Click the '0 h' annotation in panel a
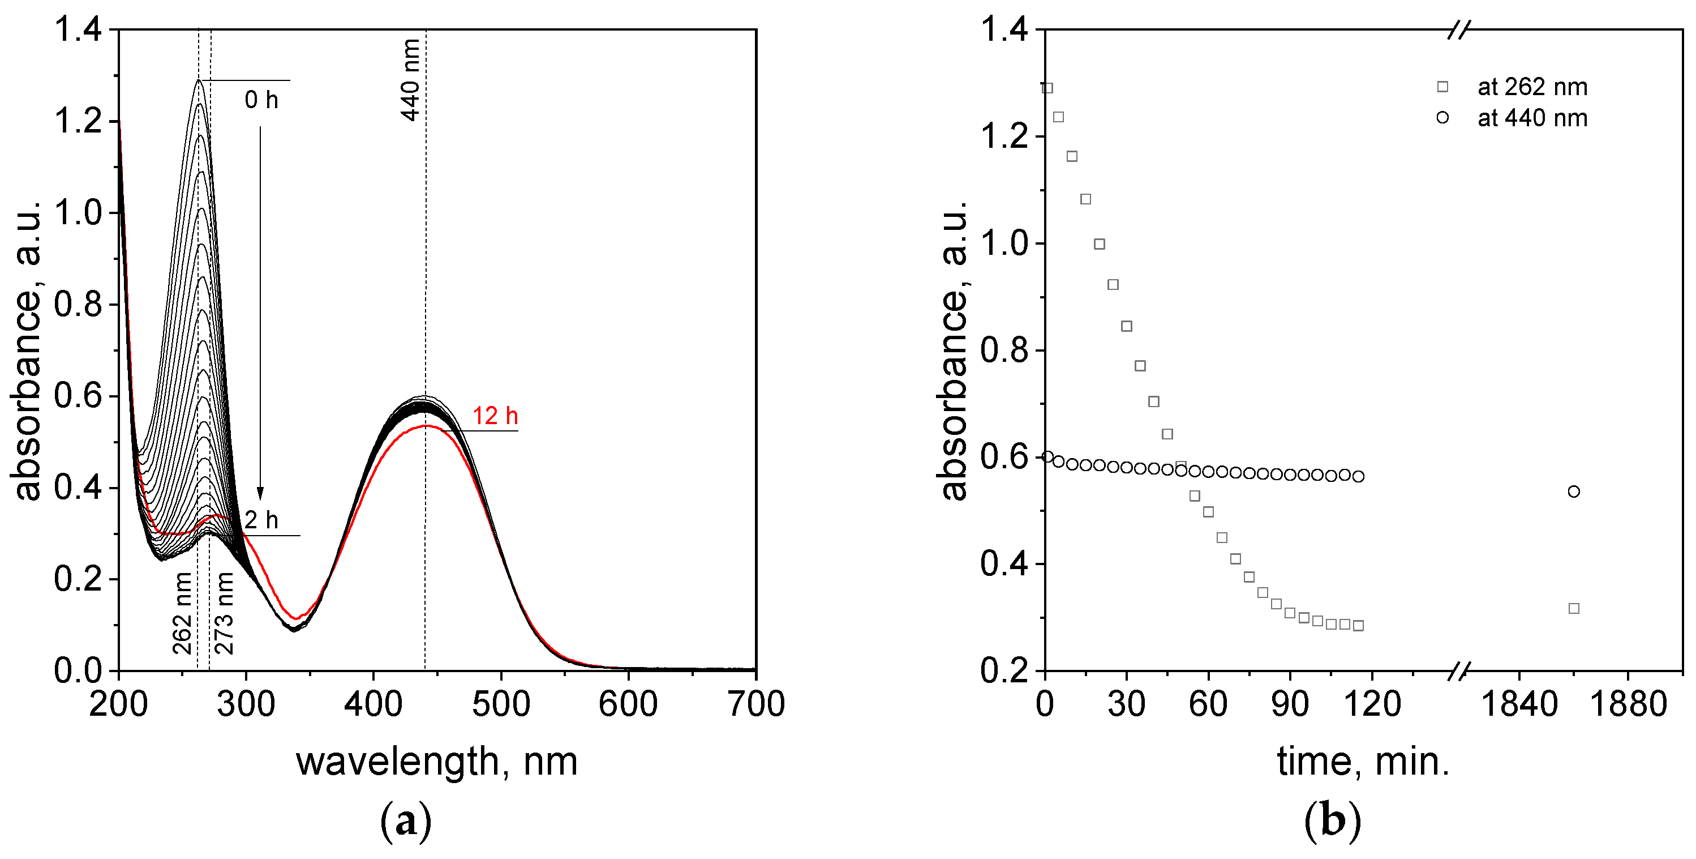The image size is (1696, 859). click(261, 100)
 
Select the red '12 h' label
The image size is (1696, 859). click(495, 416)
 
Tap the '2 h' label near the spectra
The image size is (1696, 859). click(261, 520)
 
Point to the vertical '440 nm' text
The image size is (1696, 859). click(411, 80)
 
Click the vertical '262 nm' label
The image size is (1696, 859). click(182, 613)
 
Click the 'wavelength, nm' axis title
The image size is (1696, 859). click(436, 762)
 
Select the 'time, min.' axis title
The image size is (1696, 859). click(1363, 762)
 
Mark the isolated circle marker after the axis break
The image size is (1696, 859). click(1574, 492)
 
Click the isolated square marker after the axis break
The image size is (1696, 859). click(1574, 608)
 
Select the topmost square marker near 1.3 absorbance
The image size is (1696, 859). click(1047, 88)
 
